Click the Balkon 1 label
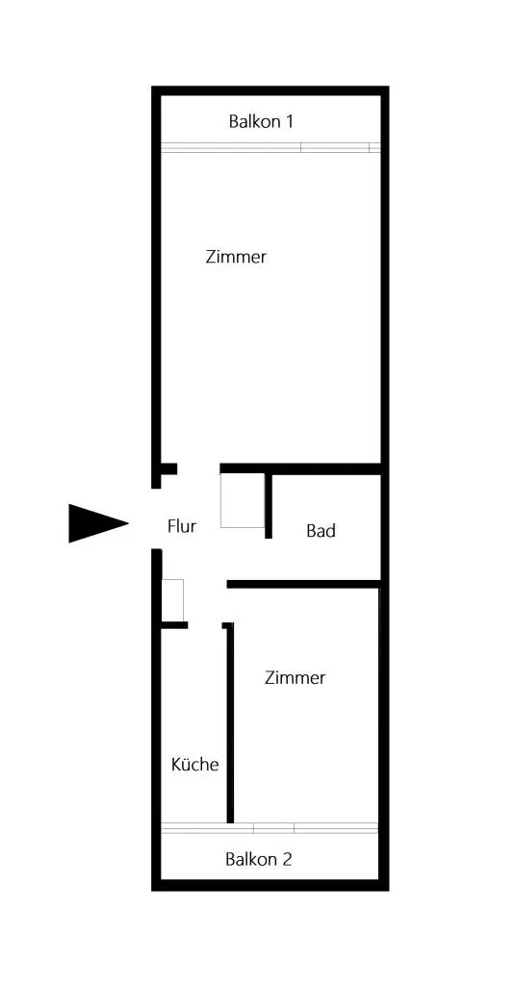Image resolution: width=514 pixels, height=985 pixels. pos(261,121)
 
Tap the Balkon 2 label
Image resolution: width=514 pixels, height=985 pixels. pos(259,859)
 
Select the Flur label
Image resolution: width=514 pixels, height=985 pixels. pos(182,526)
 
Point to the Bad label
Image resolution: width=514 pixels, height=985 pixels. pos(321,531)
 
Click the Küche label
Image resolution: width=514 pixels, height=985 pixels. pos(195,765)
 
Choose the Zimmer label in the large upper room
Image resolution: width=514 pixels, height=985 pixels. pos(236,257)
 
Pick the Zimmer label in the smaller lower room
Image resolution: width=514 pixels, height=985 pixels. pos(296,678)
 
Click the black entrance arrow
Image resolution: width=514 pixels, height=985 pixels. pos(98,522)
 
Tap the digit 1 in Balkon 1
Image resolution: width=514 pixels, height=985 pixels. pos(289,121)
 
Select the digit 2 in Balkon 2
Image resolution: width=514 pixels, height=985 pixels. pos(287,859)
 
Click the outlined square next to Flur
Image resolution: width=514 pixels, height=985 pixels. pos(243,500)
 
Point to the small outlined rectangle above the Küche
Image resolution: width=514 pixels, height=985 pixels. pos(173,600)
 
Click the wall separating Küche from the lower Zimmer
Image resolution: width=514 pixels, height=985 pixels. pos(230,722)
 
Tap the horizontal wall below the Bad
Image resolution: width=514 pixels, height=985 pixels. pos(303,584)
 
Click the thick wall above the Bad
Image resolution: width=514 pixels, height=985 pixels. pos(300,468)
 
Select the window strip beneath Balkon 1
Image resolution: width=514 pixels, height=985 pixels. pos(270,147)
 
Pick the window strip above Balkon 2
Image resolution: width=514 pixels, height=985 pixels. pos(270,828)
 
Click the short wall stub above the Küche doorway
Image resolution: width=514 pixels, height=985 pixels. pos(174,625)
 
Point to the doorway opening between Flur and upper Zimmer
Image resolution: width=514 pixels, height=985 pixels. pos(198,468)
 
